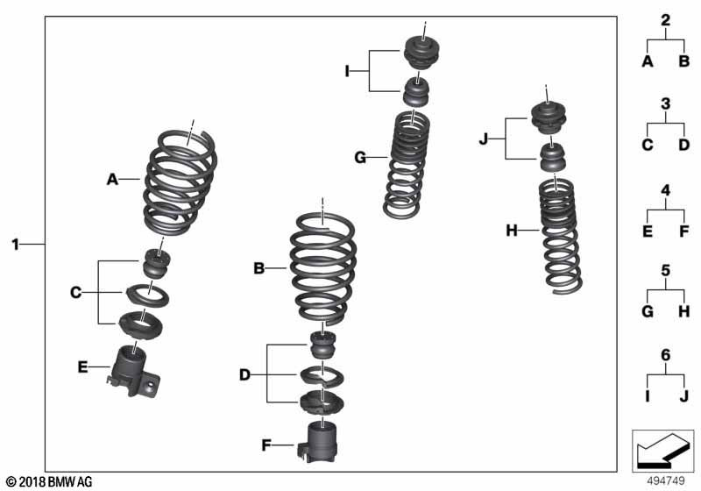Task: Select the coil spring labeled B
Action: coord(322,268)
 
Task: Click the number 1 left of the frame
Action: coord(15,243)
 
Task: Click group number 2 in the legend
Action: coord(665,20)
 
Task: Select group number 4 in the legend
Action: coord(665,189)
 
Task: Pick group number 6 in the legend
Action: coord(665,355)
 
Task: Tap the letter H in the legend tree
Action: coord(683,312)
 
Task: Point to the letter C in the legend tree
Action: coord(647,146)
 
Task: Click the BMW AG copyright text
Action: coord(48,481)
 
